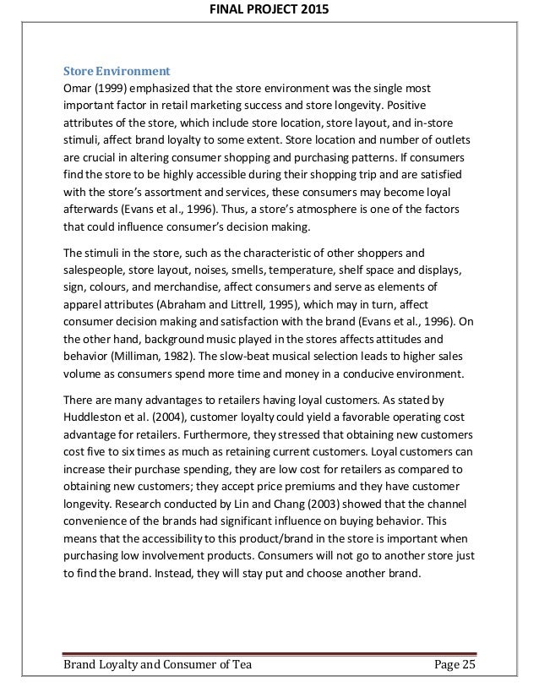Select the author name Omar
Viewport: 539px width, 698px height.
[x=79, y=89]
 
